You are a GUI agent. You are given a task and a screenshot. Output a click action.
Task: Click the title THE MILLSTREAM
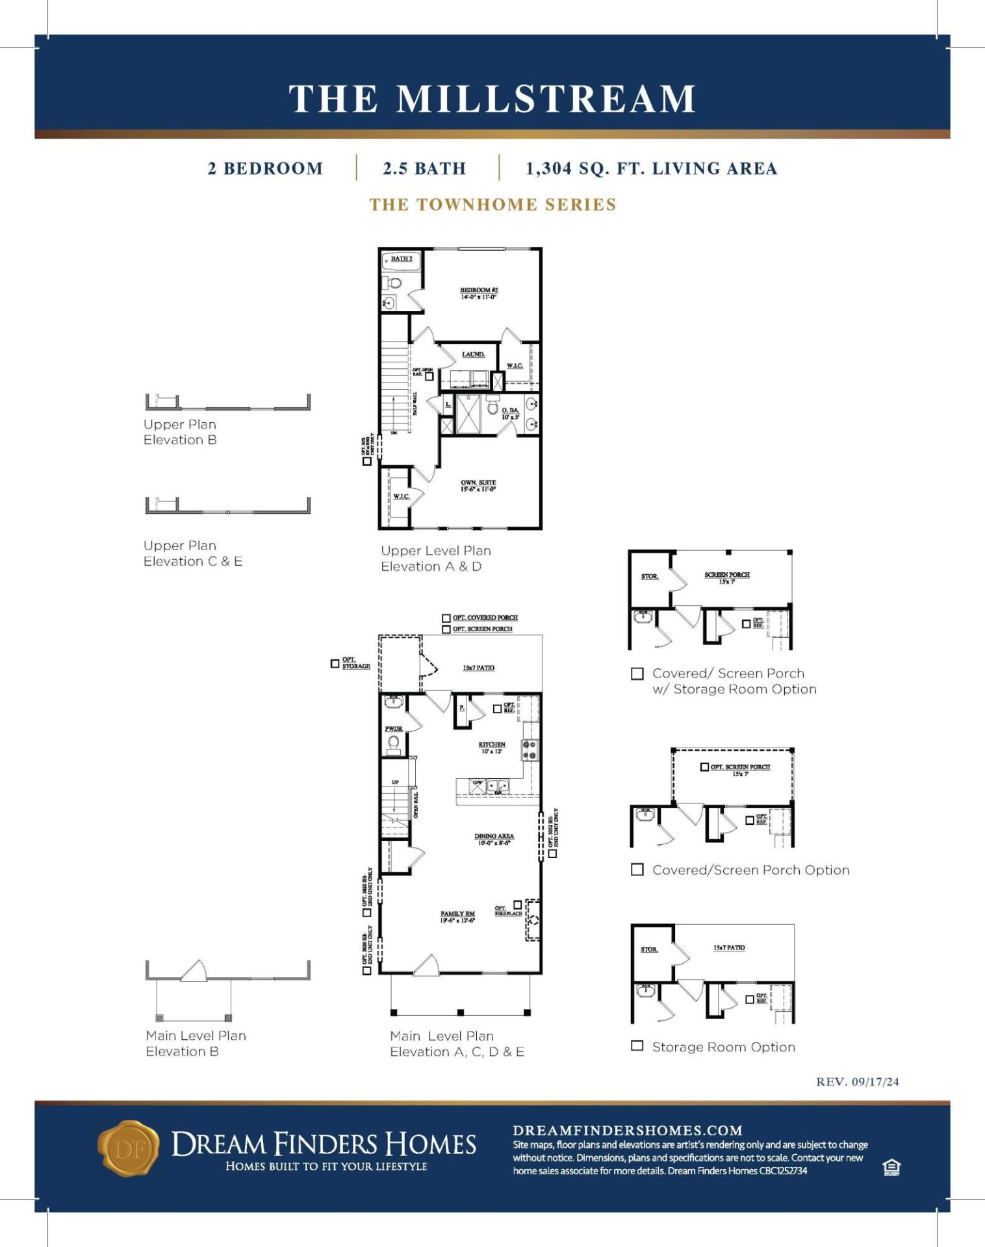click(492, 99)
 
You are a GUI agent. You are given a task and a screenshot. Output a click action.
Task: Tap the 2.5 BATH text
click(424, 168)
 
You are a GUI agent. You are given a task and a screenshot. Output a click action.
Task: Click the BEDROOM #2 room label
click(479, 293)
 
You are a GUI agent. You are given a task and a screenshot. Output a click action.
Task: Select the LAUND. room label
click(473, 355)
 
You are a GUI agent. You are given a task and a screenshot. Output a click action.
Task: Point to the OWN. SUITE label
click(478, 486)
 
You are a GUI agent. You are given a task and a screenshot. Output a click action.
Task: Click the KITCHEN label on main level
click(492, 747)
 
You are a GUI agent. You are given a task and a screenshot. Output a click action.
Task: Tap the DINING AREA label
click(494, 839)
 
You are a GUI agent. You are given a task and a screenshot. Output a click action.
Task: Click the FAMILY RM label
click(457, 916)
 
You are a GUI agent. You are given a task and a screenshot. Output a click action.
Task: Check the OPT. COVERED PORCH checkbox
click(446, 618)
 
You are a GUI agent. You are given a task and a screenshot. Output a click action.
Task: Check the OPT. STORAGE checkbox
click(335, 664)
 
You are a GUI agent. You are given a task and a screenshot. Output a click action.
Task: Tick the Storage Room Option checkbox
click(637, 1046)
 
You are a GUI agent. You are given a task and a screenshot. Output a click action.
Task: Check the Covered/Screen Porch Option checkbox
click(637, 869)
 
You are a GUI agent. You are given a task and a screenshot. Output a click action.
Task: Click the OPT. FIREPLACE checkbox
click(518, 905)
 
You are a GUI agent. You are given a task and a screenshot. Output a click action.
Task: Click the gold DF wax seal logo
click(128, 1148)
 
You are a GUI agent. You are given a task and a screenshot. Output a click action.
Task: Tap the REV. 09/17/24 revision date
click(857, 1081)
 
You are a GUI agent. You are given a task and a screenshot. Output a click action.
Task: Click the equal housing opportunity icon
click(891, 1168)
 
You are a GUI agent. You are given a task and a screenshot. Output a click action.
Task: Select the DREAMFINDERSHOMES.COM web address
click(627, 1131)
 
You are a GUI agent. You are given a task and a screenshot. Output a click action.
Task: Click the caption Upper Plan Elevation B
click(180, 432)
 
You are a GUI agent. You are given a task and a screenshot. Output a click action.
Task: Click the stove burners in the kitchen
click(530, 750)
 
